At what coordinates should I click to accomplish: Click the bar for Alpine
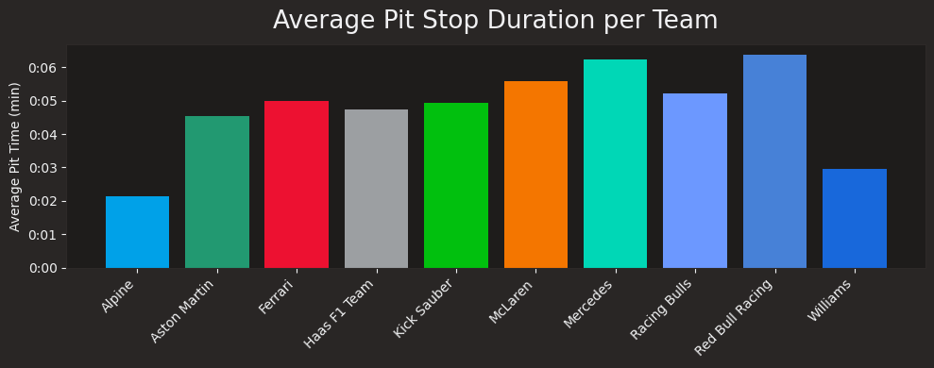click(137, 232)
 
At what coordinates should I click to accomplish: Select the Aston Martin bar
click(217, 192)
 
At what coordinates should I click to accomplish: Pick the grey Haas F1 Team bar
click(376, 189)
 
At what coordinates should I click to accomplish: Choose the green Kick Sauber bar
click(456, 186)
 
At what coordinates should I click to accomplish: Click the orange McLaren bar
click(535, 175)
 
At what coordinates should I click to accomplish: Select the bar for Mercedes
click(615, 164)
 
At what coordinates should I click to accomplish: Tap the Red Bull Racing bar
click(774, 161)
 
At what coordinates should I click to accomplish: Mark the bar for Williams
click(855, 219)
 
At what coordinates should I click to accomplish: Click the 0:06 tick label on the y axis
click(42, 68)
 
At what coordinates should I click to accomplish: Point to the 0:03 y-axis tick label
click(42, 168)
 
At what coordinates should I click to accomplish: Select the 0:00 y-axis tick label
click(42, 268)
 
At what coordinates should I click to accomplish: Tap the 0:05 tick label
click(42, 101)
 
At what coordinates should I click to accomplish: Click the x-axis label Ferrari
click(280, 296)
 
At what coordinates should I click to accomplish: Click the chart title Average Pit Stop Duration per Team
click(495, 21)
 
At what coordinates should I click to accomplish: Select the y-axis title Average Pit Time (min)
click(15, 157)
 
